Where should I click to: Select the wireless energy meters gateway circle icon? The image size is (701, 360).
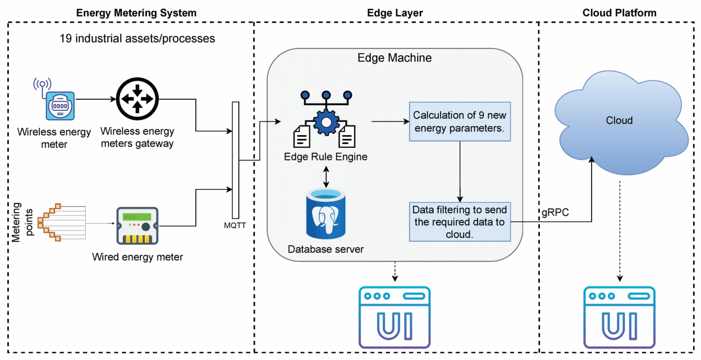pyautogui.click(x=137, y=100)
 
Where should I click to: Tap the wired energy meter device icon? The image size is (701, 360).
pyautogui.click(x=137, y=226)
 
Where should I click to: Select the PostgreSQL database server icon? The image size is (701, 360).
pyautogui.click(x=326, y=213)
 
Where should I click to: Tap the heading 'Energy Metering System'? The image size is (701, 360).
pyautogui.click(x=136, y=13)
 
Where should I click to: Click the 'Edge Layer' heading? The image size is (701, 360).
pyautogui.click(x=395, y=13)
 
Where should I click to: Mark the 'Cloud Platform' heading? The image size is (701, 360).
pyautogui.click(x=619, y=13)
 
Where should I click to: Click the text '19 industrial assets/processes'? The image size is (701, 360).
pyautogui.click(x=137, y=38)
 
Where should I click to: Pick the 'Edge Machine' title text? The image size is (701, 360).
pyautogui.click(x=394, y=58)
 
